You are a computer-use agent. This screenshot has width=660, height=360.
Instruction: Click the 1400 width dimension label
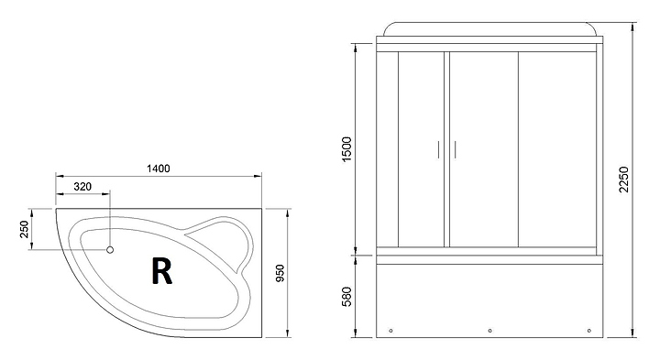[159, 169]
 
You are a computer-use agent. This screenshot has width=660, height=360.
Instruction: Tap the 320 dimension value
[82, 187]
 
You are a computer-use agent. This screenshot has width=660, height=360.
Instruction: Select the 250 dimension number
[25, 229]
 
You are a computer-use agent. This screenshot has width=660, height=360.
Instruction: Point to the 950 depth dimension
[280, 273]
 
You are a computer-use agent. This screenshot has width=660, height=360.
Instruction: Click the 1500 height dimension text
[346, 149]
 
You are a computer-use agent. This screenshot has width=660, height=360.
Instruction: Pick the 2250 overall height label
[624, 180]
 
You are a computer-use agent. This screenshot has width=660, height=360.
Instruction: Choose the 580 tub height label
[346, 297]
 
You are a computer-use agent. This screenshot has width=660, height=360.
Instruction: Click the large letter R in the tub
[161, 272]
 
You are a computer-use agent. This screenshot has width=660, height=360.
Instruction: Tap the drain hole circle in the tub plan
[110, 250]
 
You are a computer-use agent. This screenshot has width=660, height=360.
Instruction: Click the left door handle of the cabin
[438, 149]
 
